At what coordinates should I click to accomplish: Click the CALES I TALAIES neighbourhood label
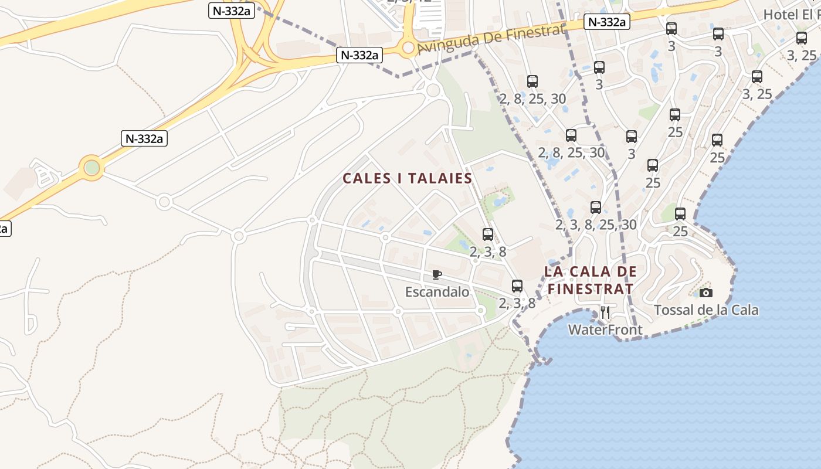coord(408,178)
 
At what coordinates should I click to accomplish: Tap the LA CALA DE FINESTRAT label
coord(591,280)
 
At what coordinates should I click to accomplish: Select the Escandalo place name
coord(437,291)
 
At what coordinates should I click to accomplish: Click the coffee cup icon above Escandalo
coord(436,274)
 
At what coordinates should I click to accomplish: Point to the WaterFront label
coord(605,330)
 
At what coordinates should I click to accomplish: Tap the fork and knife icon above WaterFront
coord(605,312)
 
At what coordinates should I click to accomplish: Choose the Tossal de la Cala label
coord(706,310)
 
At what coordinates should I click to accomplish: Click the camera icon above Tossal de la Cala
coord(706,293)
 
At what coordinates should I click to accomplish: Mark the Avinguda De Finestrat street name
coord(490,39)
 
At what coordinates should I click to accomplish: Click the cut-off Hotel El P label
coord(792,15)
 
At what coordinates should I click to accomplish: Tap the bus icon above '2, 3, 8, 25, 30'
coord(596,208)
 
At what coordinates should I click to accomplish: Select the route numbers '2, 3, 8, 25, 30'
coord(596,225)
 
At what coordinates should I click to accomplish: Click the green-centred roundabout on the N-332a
coord(92,168)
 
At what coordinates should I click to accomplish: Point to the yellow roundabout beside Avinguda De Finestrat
coord(408,47)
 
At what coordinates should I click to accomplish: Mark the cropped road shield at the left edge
coord(4,228)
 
